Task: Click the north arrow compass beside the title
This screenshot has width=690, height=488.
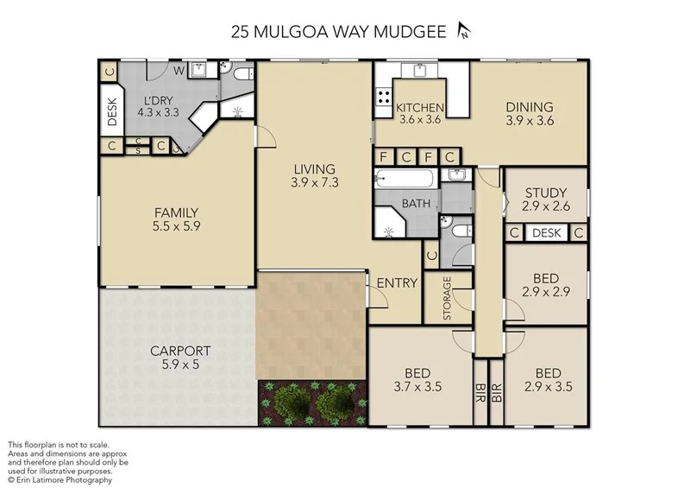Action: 465,32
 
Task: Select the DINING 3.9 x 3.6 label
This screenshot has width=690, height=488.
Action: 528,114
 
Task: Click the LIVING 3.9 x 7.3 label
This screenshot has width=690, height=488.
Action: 312,175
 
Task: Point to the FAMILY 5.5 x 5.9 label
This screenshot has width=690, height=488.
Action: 177,219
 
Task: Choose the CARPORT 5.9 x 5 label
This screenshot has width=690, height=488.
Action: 180,358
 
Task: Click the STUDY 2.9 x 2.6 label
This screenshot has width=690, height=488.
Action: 545,199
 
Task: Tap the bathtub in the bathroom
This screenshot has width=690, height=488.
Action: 405,180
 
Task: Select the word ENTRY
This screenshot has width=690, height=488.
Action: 398,282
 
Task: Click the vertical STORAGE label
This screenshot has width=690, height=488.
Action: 448,299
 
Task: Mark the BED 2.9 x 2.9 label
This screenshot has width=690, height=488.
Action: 545,285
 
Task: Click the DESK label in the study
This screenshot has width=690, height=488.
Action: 545,233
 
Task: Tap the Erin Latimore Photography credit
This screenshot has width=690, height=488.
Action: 60,479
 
